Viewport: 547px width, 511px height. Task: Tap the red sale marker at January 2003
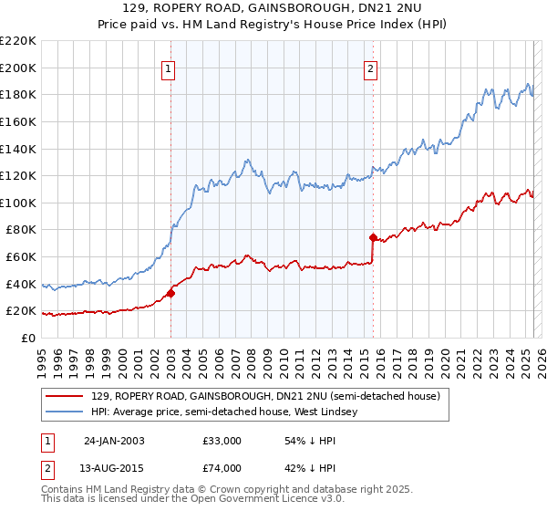(170, 293)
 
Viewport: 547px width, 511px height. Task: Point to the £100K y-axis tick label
(18, 203)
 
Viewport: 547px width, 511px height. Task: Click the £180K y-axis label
(18, 94)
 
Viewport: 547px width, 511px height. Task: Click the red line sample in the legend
(66, 397)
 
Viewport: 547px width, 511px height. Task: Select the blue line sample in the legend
(66, 412)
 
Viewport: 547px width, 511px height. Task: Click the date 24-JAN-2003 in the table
(114, 440)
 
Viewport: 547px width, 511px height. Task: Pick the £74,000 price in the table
(222, 468)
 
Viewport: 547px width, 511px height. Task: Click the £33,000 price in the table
(222, 440)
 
